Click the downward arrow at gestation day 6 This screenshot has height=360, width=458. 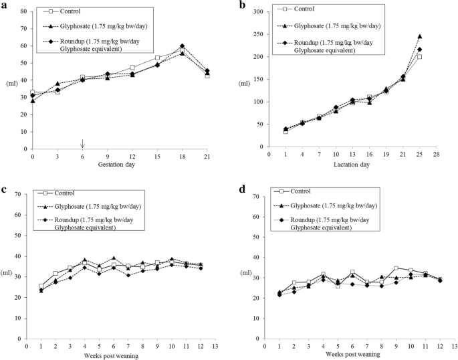83,144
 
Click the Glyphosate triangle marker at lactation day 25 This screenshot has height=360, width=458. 419,36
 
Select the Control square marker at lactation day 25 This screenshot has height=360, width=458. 419,57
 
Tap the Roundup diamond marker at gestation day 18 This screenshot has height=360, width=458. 182,46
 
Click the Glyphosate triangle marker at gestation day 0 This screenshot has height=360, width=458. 32,100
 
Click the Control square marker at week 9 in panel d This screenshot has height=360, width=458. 396,268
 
